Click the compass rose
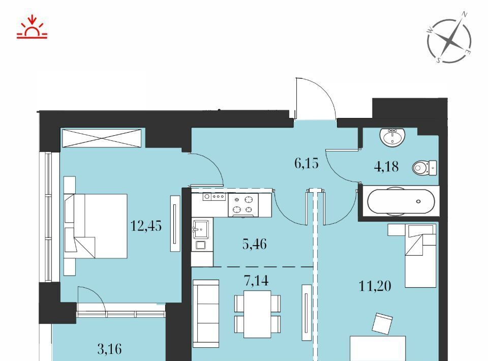(449, 41)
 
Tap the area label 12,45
(146, 226)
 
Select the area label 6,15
(307, 163)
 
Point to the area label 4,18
(386, 166)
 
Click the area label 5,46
(255, 244)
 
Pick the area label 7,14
(256, 280)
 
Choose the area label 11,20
(375, 286)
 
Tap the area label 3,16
(109, 349)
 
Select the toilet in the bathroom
(424, 168)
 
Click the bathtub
(401, 201)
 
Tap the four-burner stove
(243, 205)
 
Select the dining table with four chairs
(257, 314)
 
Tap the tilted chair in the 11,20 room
(382, 324)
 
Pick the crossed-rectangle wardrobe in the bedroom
(103, 138)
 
